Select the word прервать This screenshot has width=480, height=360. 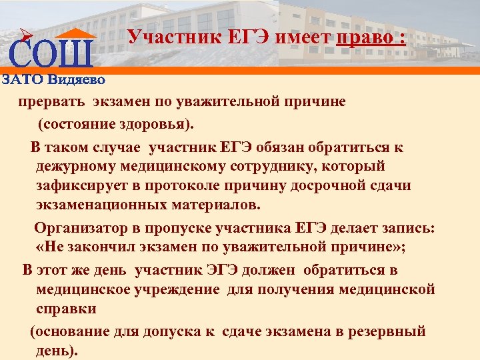point(51,102)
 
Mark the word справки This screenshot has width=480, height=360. point(66,309)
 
